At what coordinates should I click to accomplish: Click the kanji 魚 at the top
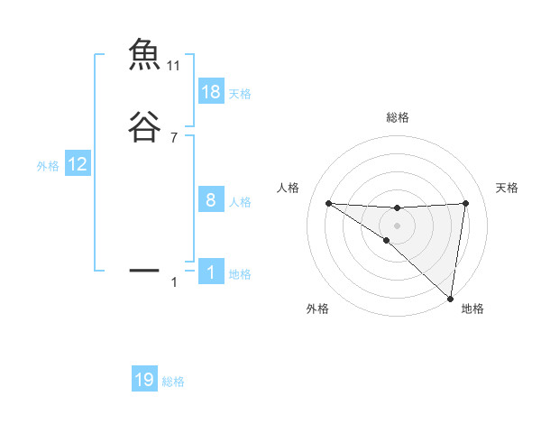[144, 56]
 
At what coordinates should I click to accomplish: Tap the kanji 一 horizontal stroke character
[144, 270]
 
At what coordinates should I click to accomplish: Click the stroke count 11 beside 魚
[174, 66]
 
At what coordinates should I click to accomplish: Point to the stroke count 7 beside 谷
[174, 138]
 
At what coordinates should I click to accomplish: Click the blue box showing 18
[211, 92]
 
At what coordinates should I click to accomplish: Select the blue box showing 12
[78, 164]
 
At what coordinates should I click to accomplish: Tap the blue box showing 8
[211, 200]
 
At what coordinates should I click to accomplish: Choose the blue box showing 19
[144, 380]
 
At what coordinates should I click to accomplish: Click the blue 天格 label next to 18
[240, 94]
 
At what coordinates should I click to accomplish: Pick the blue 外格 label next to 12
[48, 166]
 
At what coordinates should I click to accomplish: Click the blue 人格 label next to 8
[240, 202]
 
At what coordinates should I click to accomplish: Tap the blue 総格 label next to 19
[173, 382]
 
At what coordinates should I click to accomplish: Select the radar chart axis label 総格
[397, 117]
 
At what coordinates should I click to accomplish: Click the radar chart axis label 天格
[507, 188]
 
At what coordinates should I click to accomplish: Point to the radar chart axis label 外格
[317, 309]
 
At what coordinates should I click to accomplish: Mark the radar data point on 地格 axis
[451, 298]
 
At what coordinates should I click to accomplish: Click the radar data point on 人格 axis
[328, 203]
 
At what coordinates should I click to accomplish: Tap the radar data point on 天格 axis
[466, 203]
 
